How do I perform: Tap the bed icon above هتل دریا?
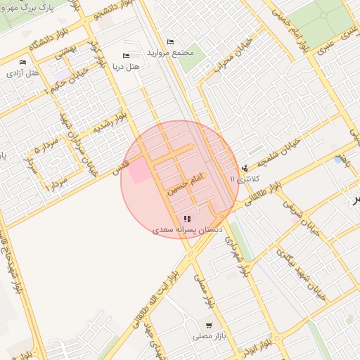(x=127, y=56)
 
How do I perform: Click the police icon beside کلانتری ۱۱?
(x=245, y=167)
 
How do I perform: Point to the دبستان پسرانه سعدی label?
(x=187, y=229)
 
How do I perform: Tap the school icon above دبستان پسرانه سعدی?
(x=187, y=218)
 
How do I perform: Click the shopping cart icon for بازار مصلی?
(x=210, y=325)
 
